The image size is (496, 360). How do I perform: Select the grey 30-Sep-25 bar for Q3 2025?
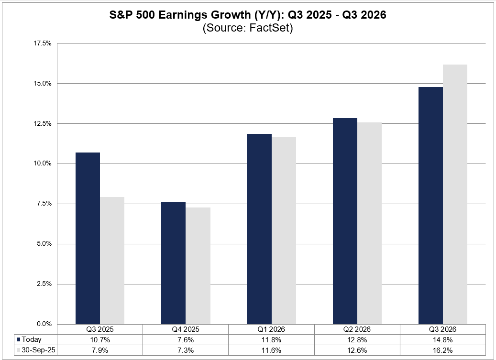coord(112,260)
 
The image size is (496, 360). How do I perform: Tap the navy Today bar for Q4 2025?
coord(173,262)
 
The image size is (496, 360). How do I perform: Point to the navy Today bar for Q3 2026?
coord(430,205)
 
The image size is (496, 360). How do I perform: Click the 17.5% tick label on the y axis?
coord(42,44)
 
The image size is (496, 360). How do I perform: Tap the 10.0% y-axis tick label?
coord(42,164)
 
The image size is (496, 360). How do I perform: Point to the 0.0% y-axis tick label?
coord(44,324)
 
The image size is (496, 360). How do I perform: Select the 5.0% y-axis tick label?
coord(44,244)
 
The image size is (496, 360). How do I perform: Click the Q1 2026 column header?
coord(271,330)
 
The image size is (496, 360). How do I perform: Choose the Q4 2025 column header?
coord(186,330)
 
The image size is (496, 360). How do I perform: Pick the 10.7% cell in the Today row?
coord(100,339)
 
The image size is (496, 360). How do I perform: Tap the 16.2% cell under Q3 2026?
coord(443,349)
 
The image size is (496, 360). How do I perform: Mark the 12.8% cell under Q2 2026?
coord(357,339)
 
